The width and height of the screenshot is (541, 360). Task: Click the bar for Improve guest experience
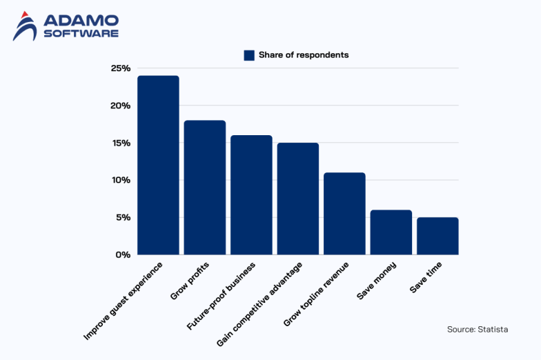pyautogui.click(x=158, y=165)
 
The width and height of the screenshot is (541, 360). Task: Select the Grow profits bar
pyautogui.click(x=204, y=188)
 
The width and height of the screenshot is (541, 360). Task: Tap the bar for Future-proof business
pyautogui.click(x=251, y=194)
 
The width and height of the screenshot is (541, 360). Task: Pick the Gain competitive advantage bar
pyautogui.click(x=298, y=199)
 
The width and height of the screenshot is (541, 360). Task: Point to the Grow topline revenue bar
pyautogui.click(x=344, y=213)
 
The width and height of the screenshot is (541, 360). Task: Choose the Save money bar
pyautogui.click(x=391, y=232)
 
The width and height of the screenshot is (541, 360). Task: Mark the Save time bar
pyautogui.click(x=437, y=236)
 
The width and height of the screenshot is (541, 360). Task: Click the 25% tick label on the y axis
pyautogui.click(x=120, y=68)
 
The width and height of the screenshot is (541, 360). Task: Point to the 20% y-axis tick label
pyautogui.click(x=120, y=106)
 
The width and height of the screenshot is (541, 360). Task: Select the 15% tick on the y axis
pyautogui.click(x=120, y=143)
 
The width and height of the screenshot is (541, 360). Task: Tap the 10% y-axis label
pyautogui.click(x=120, y=180)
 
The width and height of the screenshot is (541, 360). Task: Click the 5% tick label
pyautogui.click(x=123, y=217)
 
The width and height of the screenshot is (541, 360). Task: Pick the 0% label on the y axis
pyautogui.click(x=123, y=254)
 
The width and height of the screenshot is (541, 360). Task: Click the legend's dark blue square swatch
pyautogui.click(x=249, y=55)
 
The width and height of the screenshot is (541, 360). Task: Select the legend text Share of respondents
pyautogui.click(x=304, y=55)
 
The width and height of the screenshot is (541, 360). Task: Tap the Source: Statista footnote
pyautogui.click(x=478, y=330)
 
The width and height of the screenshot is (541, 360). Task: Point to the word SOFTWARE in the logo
pyautogui.click(x=81, y=33)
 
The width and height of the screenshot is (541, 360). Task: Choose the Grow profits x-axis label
pyautogui.click(x=190, y=281)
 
